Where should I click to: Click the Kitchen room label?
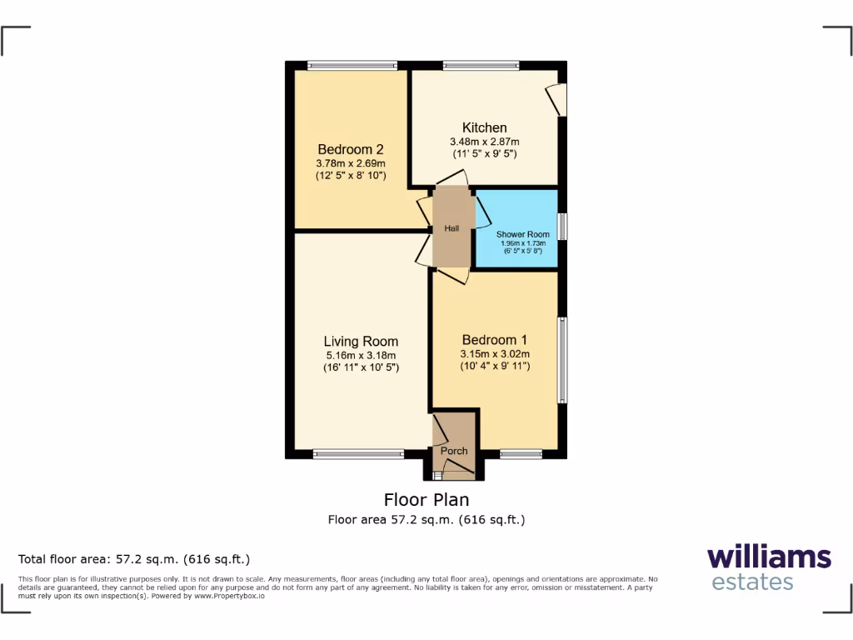pyautogui.click(x=484, y=127)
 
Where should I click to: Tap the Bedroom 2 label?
pyautogui.click(x=350, y=150)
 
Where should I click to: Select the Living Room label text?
pyautogui.click(x=361, y=341)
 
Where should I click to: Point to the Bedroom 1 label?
pyautogui.click(x=495, y=340)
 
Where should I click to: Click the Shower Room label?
pyautogui.click(x=522, y=234)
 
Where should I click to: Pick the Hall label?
pyautogui.click(x=451, y=228)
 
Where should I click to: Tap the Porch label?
pyautogui.click(x=454, y=451)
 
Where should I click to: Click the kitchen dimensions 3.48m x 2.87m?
pyautogui.click(x=484, y=142)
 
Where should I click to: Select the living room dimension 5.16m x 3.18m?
pyautogui.click(x=361, y=355)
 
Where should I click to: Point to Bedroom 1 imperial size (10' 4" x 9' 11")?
pyautogui.click(x=495, y=367)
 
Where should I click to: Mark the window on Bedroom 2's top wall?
pyautogui.click(x=352, y=64)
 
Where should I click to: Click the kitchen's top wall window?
pyautogui.click(x=481, y=64)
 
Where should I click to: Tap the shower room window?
pyautogui.click(x=563, y=227)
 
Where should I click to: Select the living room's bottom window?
pyautogui.click(x=358, y=455)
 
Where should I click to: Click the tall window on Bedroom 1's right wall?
pyautogui.click(x=563, y=359)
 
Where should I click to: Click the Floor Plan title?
pyautogui.click(x=426, y=500)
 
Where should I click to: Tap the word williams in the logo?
pyautogui.click(x=769, y=557)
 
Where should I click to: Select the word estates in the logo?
pyautogui.click(x=752, y=582)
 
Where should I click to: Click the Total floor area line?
pyautogui.click(x=134, y=559)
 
